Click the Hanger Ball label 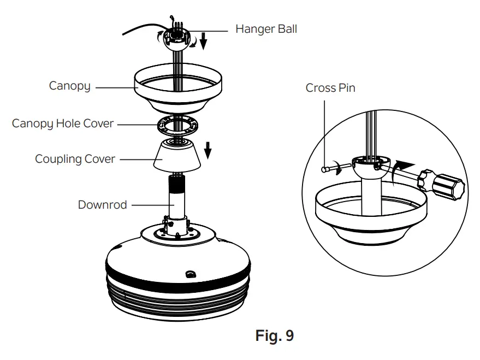[x=266, y=29]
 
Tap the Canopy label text [x=69, y=86]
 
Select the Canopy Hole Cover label [x=63, y=123]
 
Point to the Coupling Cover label [x=75, y=159]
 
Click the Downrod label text [x=102, y=205]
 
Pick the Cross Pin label [x=330, y=88]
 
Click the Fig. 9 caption [x=274, y=335]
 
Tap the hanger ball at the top [x=177, y=42]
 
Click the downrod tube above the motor [x=177, y=202]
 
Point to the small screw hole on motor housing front [x=190, y=273]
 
